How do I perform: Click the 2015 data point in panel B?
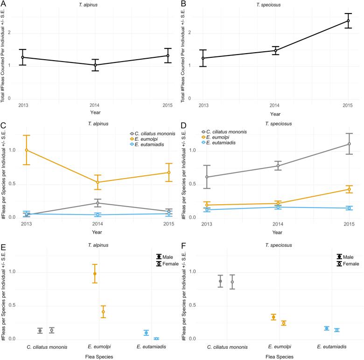[x=348, y=21]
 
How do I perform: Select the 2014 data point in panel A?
[x=95, y=65]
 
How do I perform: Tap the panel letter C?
[x=3, y=125]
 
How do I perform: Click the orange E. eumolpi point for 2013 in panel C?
[x=26, y=150]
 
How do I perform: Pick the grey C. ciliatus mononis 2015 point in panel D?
[x=348, y=144]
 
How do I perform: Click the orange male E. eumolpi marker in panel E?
[x=95, y=274]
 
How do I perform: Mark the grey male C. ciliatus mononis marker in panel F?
[x=220, y=281]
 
